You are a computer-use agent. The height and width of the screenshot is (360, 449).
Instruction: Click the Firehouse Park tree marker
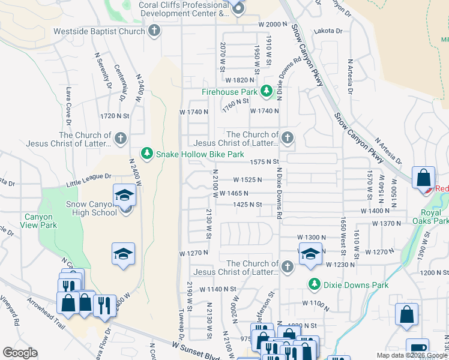tap(267, 92)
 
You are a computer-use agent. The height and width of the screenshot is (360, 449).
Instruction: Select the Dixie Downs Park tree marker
tap(313, 284)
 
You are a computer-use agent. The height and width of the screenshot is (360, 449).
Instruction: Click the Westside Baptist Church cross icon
tap(154, 31)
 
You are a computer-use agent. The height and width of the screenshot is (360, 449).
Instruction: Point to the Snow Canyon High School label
tap(91, 208)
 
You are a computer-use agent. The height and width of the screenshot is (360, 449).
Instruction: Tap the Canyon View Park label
tap(41, 221)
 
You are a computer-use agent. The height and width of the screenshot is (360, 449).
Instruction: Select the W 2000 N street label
tap(273, 25)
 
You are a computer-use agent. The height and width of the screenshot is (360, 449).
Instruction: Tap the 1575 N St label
tap(265, 162)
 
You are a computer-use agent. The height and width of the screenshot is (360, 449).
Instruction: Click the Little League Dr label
tap(88, 176)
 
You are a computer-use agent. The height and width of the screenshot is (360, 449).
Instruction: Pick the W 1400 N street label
tap(376, 211)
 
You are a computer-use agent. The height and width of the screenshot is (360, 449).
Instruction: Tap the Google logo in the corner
tap(20, 353)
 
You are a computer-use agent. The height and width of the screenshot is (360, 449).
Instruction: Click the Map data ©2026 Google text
tap(411, 355)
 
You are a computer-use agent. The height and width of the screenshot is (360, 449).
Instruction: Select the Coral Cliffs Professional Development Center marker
tap(238, 8)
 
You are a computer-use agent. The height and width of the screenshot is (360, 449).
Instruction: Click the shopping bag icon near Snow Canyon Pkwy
tap(423, 178)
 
